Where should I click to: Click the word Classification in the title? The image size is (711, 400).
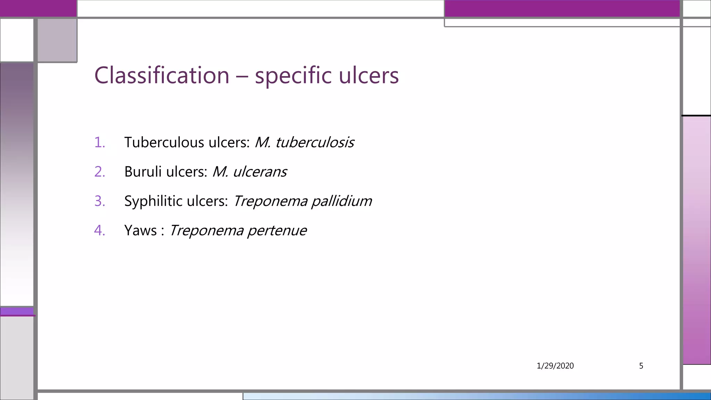coord(162,75)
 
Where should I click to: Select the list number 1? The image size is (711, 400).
coord(99,142)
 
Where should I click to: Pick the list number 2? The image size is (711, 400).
coord(99,172)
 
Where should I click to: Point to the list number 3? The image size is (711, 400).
coord(99,201)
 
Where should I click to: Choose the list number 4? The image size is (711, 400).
coord(99,230)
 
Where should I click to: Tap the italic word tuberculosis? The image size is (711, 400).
coord(315,142)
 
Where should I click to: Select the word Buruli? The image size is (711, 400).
coord(143,172)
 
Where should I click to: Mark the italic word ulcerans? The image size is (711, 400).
coord(260,172)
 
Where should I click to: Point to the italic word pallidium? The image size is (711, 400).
coord(342,201)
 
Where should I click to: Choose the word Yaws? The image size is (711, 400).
coord(140,230)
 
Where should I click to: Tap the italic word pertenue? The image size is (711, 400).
coord(277,231)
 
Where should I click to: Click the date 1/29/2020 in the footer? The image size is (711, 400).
coord(555,366)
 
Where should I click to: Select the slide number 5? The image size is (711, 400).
coord(641,366)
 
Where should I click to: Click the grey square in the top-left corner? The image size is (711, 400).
coord(57,40)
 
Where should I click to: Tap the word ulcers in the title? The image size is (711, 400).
coord(369,75)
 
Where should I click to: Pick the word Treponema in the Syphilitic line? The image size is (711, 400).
coord(270,201)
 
